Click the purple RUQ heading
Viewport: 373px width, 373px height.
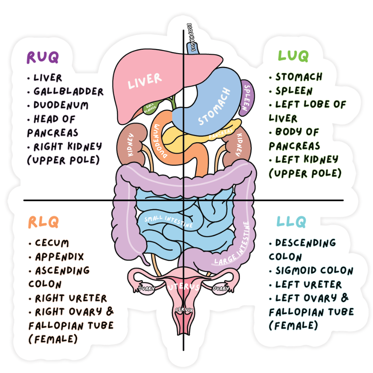(43, 57)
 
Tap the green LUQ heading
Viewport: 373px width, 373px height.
(293, 55)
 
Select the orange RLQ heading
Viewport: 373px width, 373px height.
(43, 222)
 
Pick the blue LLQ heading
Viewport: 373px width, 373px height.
(291, 222)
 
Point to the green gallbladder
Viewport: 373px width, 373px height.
(149, 110)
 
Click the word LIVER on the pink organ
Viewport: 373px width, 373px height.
(145, 80)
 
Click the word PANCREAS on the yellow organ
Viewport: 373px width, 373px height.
(221, 134)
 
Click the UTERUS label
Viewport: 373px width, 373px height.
(183, 287)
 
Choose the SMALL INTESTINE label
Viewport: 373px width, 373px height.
(168, 221)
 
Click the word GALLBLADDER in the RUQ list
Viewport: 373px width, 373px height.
(69, 91)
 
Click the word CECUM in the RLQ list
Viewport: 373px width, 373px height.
(52, 243)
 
